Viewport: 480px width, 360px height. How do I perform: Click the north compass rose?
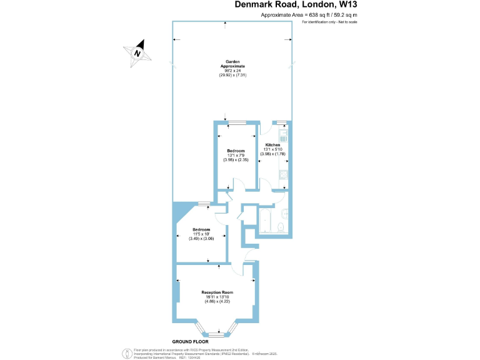click(x=137, y=52)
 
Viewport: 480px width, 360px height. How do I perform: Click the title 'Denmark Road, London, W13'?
click(x=298, y=5)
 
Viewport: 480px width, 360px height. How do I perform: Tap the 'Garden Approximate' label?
click(x=231, y=64)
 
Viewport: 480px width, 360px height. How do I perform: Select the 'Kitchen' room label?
click(x=272, y=144)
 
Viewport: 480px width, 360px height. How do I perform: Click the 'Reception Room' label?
click(x=217, y=292)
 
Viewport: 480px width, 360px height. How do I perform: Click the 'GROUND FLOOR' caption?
click(x=191, y=342)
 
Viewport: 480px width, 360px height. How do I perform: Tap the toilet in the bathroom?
click(x=281, y=226)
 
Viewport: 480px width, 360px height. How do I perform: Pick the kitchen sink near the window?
click(x=283, y=133)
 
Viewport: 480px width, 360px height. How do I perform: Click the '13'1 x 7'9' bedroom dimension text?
click(x=236, y=155)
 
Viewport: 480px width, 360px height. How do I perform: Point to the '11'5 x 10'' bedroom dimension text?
click(x=201, y=234)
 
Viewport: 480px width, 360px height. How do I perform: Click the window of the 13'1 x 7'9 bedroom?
click(x=237, y=122)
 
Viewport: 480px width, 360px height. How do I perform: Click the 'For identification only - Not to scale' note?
click(x=329, y=22)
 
